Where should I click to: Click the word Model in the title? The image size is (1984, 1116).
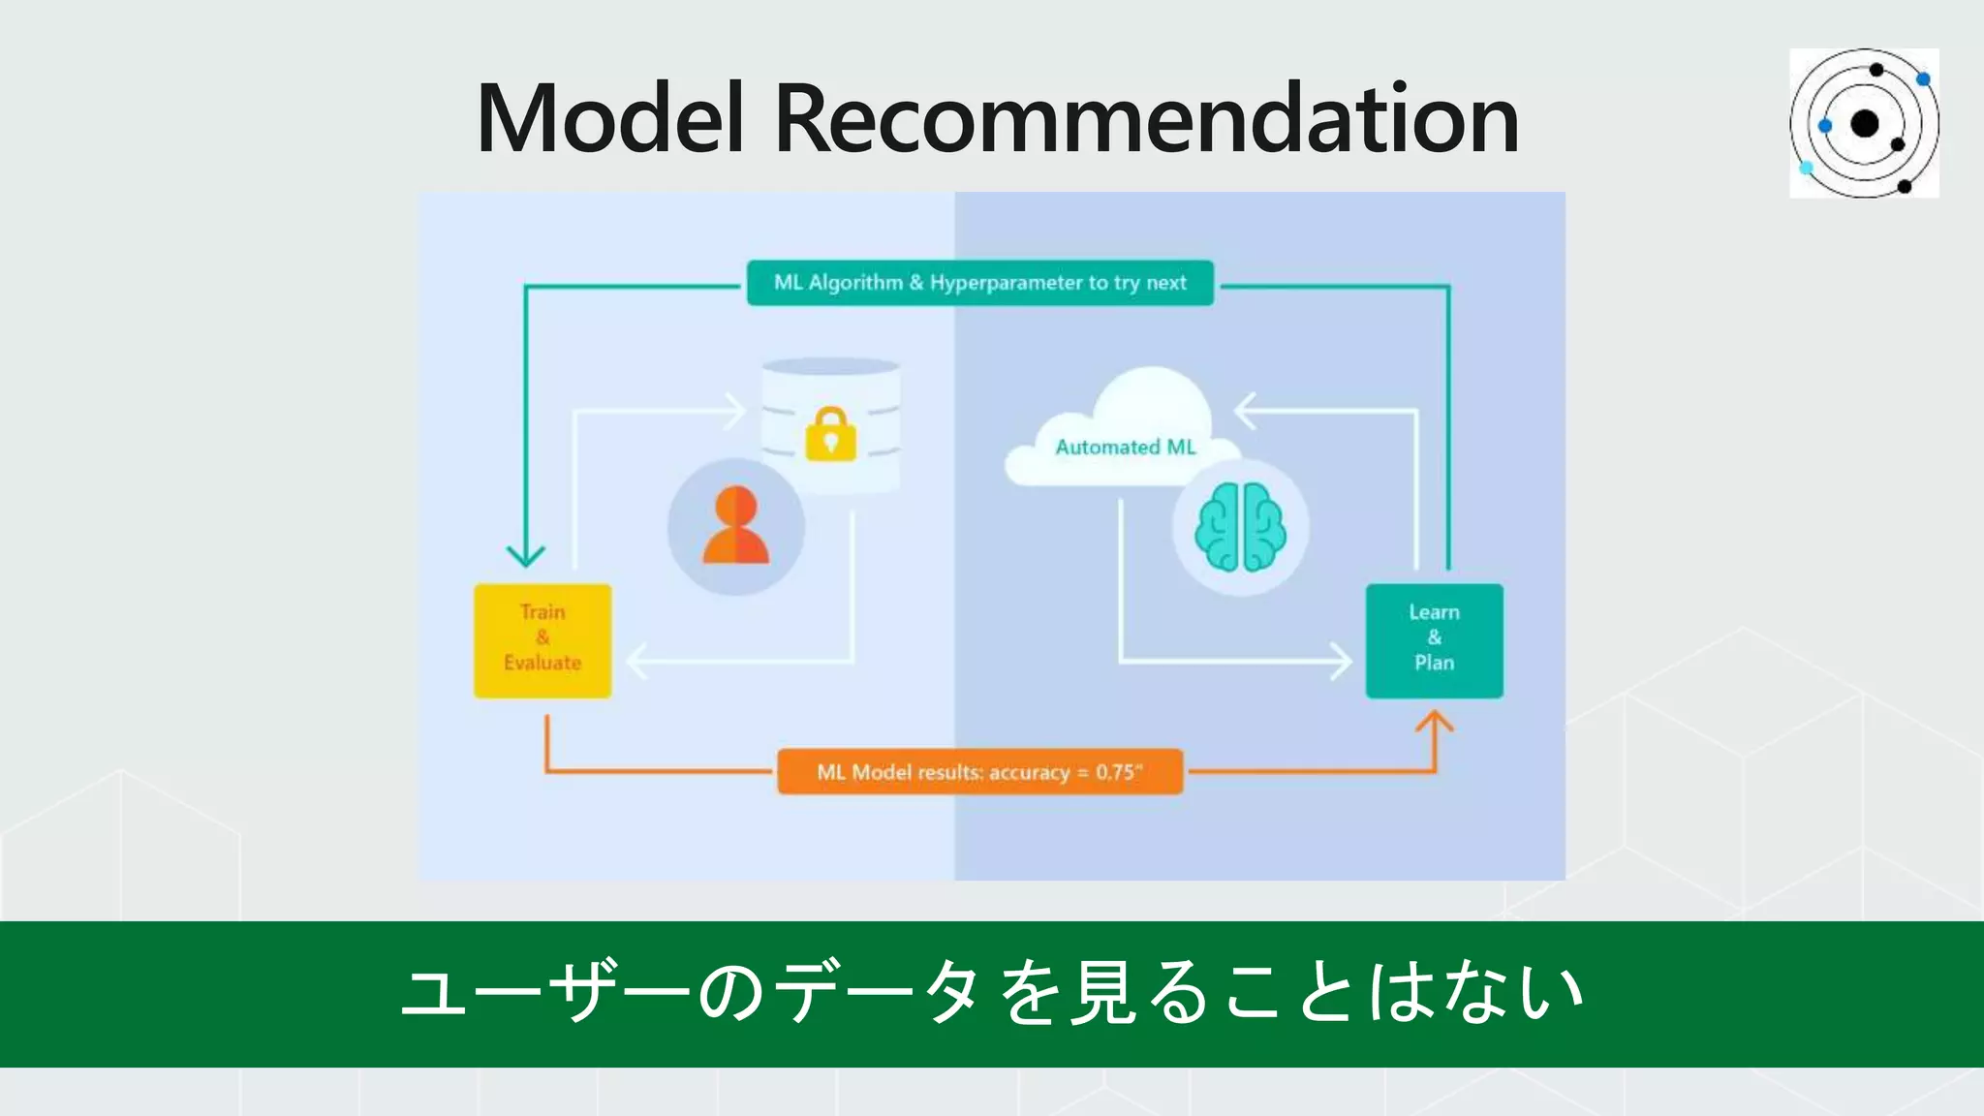pos(609,119)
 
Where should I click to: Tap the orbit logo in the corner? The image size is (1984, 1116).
pos(1864,123)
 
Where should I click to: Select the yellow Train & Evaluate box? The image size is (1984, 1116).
pos(542,639)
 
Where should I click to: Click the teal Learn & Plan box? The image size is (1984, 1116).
pos(1434,639)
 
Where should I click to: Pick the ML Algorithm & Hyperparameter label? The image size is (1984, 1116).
pos(979,283)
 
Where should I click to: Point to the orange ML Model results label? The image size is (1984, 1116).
pos(979,772)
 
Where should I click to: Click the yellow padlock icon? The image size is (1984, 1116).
pos(831,434)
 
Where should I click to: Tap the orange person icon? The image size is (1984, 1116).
pos(736,526)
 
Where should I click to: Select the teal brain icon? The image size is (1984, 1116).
pos(1241,526)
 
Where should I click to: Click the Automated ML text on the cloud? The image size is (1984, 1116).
pos(1126,448)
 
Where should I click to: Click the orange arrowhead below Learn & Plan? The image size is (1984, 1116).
pos(1435,722)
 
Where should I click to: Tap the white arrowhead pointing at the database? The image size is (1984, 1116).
pos(736,411)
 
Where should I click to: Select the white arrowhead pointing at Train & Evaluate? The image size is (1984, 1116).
pos(637,662)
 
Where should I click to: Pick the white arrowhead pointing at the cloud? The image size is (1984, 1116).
pos(1245,411)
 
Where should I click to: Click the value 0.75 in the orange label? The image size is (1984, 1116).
pos(1115,772)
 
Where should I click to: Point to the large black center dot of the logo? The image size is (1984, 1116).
pos(1865,124)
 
